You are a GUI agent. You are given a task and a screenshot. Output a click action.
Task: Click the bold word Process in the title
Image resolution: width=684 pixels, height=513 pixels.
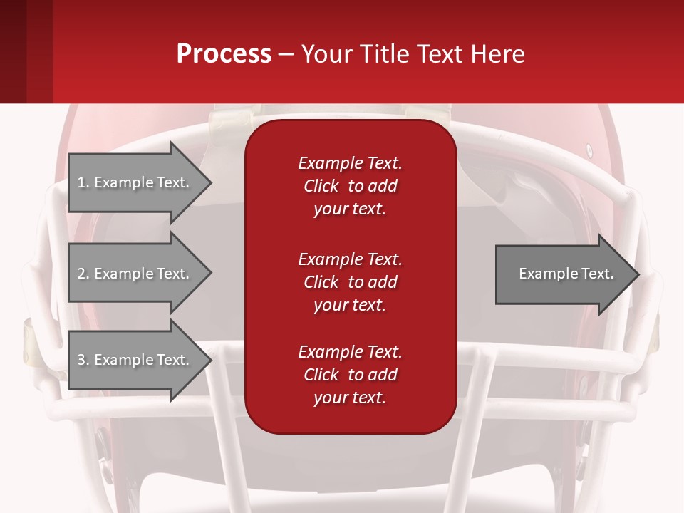(224, 54)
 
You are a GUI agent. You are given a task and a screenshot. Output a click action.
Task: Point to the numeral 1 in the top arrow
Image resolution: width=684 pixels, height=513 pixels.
(81, 182)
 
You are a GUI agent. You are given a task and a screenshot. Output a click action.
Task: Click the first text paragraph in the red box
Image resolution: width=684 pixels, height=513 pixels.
(350, 186)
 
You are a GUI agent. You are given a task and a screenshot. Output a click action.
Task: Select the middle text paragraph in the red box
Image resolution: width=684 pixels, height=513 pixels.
(350, 282)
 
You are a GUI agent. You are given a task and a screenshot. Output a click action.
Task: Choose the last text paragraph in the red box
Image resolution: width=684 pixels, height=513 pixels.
(350, 375)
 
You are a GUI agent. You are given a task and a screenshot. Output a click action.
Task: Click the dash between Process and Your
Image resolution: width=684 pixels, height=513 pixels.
(286, 55)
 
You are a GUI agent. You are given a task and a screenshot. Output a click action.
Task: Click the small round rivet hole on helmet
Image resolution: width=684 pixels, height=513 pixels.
(589, 150)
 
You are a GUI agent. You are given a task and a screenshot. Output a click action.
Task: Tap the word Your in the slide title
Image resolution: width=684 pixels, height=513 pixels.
(326, 54)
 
